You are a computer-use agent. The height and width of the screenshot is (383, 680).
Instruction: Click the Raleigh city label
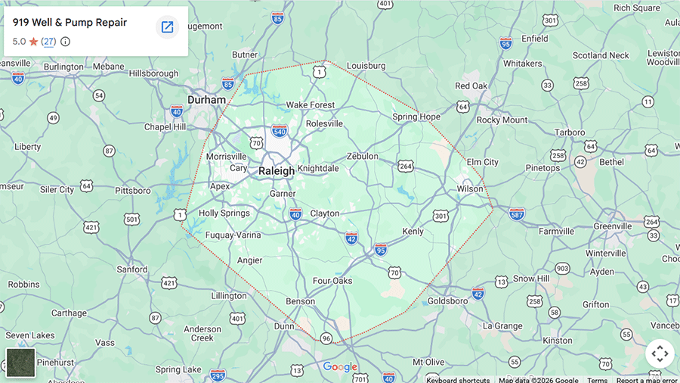pyautogui.click(x=277, y=171)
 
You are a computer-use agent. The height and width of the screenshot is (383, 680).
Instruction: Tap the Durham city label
pyautogui.click(x=206, y=100)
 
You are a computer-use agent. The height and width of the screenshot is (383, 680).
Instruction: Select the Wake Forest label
pyautogui.click(x=310, y=105)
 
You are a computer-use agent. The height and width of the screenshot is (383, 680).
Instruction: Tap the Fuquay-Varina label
pyautogui.click(x=233, y=235)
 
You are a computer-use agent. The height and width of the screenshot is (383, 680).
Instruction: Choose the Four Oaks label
pyautogui.click(x=332, y=281)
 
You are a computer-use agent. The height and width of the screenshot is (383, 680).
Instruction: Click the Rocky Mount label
pyautogui.click(x=502, y=120)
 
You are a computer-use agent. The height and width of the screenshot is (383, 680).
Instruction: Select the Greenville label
pyautogui.click(x=612, y=226)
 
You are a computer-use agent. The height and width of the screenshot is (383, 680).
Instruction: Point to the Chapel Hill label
pyautogui.click(x=165, y=126)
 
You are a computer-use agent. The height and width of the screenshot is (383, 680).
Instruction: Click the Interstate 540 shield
pyautogui.click(x=280, y=131)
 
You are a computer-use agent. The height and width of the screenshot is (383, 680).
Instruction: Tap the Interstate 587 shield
pyautogui.click(x=517, y=214)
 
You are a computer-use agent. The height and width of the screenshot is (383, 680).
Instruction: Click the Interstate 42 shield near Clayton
pyautogui.click(x=351, y=238)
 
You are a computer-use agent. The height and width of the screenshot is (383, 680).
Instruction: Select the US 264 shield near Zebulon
pyautogui.click(x=406, y=166)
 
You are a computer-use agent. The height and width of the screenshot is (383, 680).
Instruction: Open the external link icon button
pyautogui.click(x=167, y=27)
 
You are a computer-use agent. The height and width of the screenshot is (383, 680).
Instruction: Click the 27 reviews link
pyautogui.click(x=48, y=42)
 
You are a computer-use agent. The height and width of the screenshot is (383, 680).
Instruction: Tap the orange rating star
pyautogui.click(x=33, y=42)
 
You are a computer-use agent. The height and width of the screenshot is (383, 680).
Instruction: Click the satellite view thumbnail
pyautogui.click(x=20, y=363)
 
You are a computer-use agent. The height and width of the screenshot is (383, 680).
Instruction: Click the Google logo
pyautogui.click(x=340, y=367)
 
